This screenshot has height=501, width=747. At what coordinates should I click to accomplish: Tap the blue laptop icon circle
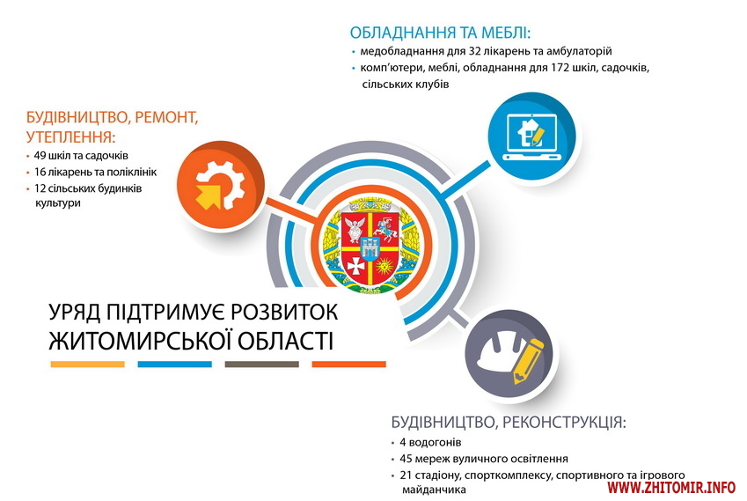[531, 136]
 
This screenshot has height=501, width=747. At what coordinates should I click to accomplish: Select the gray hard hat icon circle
[509, 353]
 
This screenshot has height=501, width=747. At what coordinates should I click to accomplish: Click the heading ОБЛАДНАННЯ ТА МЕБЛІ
[440, 33]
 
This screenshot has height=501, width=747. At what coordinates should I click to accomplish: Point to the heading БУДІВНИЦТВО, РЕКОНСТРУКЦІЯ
[509, 422]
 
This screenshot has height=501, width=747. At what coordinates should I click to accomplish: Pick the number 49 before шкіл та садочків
[39, 155]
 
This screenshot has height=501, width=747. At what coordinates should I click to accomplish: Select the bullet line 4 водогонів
[430, 442]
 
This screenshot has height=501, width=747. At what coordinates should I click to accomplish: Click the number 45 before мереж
[406, 459]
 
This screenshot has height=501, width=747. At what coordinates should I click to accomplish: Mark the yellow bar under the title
[88, 365]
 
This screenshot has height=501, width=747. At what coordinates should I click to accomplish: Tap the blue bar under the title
[175, 365]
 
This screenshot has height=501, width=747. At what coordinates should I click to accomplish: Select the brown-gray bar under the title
[262, 365]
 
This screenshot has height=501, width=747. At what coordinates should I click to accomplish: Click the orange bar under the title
[349, 365]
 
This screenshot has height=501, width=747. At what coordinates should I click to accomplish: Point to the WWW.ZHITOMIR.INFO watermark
[671, 487]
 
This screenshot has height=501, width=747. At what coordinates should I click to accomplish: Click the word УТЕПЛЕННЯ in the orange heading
[71, 137]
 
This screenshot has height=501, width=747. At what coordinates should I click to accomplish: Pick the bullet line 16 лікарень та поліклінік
[95, 172]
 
